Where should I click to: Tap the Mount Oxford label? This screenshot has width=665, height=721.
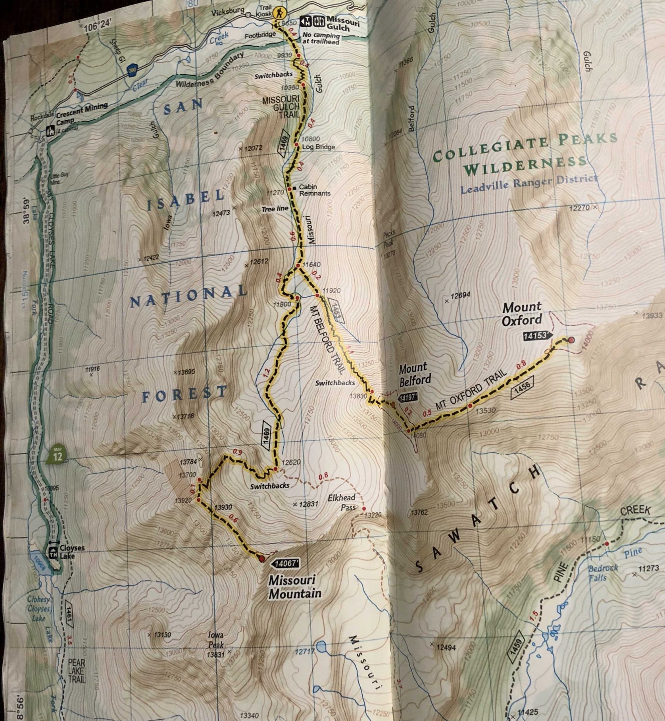coord(522,313)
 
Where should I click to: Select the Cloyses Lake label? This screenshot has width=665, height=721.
coord(65,553)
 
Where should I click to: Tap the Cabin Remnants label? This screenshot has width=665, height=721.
coord(314,190)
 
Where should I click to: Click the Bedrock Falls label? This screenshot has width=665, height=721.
coord(603,572)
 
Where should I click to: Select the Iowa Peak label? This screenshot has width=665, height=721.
coord(217,645)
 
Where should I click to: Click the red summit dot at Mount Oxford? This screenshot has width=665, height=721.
coord(571,340)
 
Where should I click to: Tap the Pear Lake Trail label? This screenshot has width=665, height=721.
coord(77,671)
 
